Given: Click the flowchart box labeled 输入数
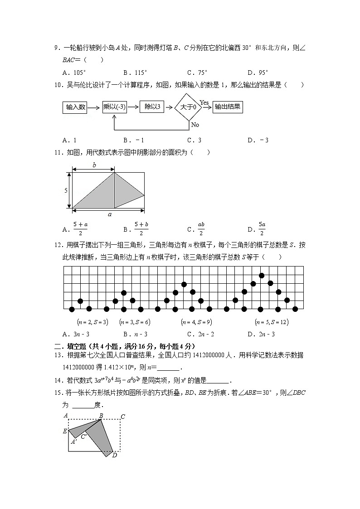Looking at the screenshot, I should [75, 107].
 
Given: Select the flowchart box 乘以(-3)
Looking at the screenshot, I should [114, 107].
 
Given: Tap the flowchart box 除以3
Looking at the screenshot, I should [151, 107].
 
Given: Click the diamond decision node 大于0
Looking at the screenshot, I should [188, 107].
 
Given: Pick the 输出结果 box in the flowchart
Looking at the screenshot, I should [228, 107].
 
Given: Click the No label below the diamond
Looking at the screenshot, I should [195, 125].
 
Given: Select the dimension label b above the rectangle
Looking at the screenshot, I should [94, 165].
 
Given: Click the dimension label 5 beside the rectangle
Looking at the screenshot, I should [66, 190].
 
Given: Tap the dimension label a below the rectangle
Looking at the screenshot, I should [109, 215].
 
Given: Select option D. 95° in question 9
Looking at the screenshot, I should [258, 72].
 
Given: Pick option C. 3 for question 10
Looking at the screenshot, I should [194, 140].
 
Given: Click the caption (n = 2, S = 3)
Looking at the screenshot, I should [92, 322].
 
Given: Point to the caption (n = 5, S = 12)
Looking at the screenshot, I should [272, 322].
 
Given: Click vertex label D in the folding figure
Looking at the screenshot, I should [115, 455].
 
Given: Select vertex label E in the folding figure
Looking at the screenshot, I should [65, 431].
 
